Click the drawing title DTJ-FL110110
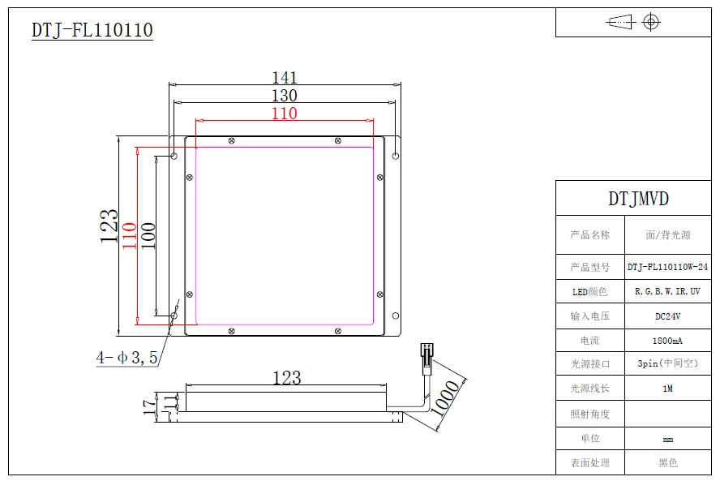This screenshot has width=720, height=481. pos(92,31)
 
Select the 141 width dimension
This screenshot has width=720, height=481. pos(284,78)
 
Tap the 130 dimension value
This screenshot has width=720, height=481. pos(284,96)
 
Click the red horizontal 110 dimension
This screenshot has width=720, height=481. pos(284,114)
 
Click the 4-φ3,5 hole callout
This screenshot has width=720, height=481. pos(126,357)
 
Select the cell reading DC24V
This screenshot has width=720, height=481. pos(667,316)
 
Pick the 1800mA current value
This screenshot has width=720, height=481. pos(667,341)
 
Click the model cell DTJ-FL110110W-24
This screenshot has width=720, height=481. pos(667,267)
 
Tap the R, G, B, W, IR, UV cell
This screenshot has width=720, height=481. pos(667,291)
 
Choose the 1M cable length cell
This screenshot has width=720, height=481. pos(667,389)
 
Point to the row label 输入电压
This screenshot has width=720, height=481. pos(589,316)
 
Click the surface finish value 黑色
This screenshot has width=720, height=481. pos(667,462)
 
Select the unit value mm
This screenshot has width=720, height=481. pos(667,439)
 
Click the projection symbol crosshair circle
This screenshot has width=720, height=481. pos(651,22)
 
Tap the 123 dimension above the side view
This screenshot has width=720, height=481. pos(286,378)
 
